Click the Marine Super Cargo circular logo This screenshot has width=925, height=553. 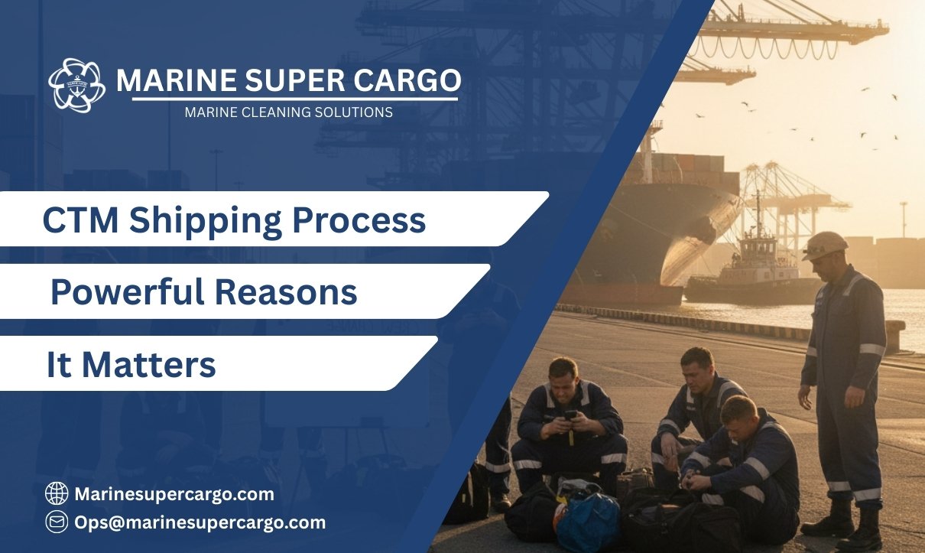point(76,86)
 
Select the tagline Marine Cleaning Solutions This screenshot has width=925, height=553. point(288,112)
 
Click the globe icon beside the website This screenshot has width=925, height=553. point(57,494)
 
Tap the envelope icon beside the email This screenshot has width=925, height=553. point(57,522)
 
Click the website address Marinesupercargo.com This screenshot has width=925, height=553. point(174,494)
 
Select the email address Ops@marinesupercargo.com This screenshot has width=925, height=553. point(200,522)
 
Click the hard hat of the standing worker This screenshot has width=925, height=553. point(824,244)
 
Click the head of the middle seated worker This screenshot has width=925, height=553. point(696,366)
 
